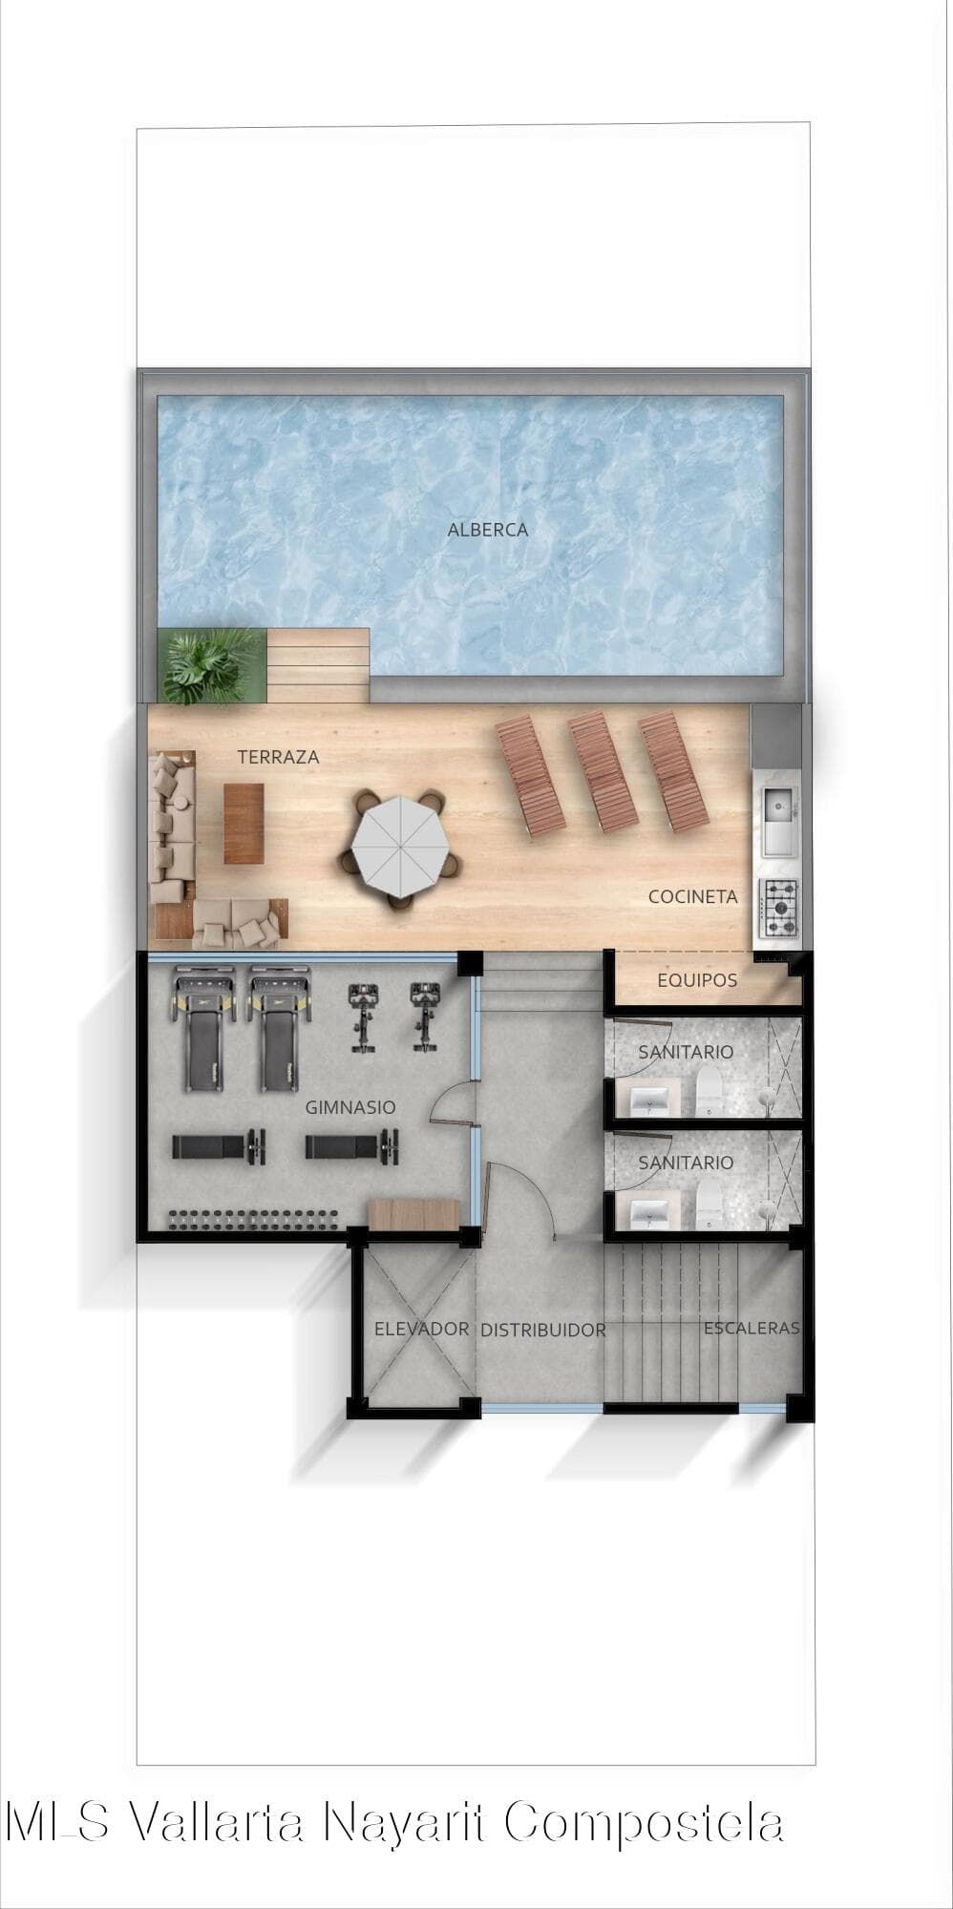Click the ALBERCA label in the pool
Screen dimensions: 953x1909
487,530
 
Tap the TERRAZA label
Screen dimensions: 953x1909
278,757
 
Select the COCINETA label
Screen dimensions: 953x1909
692,896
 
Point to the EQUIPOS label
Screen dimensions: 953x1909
697,980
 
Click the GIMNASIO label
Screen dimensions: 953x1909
349,1107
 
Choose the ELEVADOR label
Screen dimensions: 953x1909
421,1329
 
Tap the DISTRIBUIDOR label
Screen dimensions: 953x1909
542,1330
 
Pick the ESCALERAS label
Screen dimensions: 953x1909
752,1328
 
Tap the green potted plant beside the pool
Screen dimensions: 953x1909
208,665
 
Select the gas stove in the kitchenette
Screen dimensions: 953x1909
779,908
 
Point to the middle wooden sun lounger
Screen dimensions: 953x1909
604,773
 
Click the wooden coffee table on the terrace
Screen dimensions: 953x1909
244,824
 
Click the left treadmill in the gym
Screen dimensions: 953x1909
204,1030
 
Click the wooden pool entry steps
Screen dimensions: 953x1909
318,665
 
